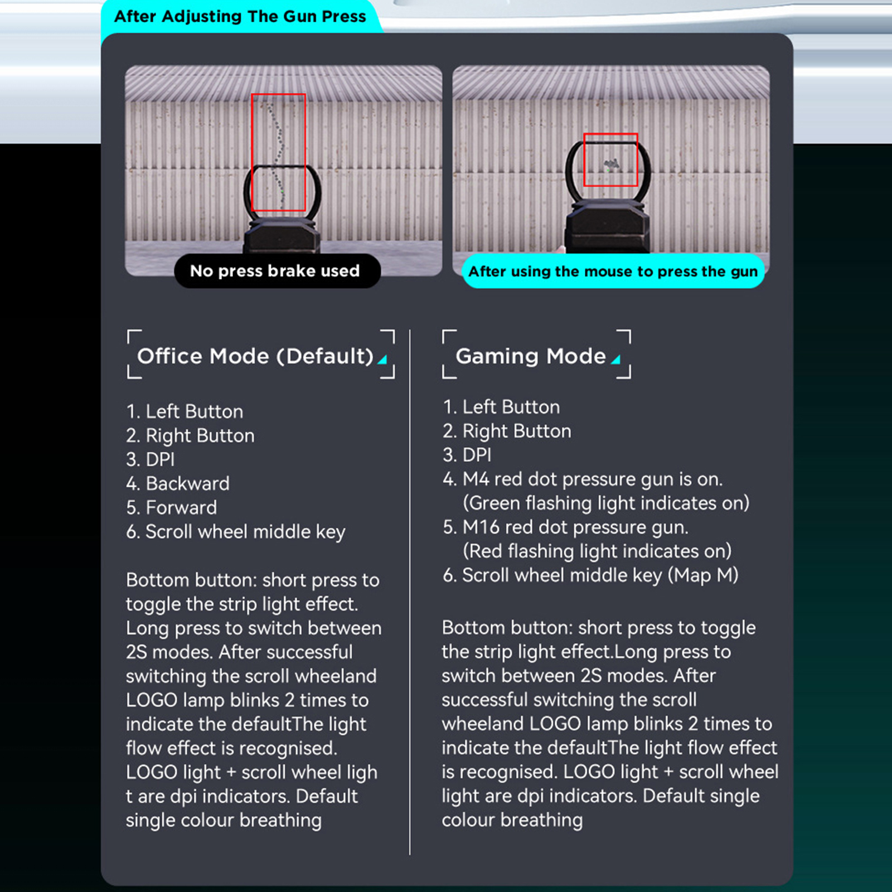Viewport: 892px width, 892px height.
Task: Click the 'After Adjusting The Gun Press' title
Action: pyautogui.click(x=240, y=17)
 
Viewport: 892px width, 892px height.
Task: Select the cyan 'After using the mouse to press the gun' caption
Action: pyautogui.click(x=613, y=272)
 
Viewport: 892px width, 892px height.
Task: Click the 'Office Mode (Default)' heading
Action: pyautogui.click(x=255, y=356)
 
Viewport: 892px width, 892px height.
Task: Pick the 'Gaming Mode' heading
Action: pyautogui.click(x=531, y=356)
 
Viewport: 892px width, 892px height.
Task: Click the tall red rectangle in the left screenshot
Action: pyautogui.click(x=251, y=152)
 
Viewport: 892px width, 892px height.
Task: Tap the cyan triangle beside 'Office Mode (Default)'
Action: pyautogui.click(x=383, y=360)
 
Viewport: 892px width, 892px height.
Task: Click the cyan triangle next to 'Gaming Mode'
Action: pyautogui.click(x=616, y=360)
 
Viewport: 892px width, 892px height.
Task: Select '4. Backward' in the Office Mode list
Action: pyautogui.click(x=178, y=483)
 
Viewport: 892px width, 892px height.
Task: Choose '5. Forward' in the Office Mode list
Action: pyautogui.click(x=172, y=507)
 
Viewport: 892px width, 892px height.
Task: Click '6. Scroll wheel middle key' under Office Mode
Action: pyautogui.click(x=236, y=532)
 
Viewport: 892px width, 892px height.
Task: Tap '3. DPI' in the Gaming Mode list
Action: pyautogui.click(x=467, y=455)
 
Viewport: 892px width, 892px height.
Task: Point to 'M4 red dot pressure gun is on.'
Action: pyautogui.click(x=593, y=479)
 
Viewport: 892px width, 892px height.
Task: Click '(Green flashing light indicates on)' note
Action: pyautogui.click(x=606, y=503)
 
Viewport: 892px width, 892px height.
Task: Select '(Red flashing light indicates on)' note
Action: pyautogui.click(x=597, y=551)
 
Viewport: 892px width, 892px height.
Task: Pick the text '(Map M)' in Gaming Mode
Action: pyautogui.click(x=703, y=575)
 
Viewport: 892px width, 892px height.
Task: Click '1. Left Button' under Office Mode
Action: pyautogui.click(x=185, y=411)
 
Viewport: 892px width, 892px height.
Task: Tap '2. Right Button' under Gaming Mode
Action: pyautogui.click(x=507, y=431)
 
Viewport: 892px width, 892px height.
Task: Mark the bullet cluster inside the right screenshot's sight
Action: pyautogui.click(x=612, y=164)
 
